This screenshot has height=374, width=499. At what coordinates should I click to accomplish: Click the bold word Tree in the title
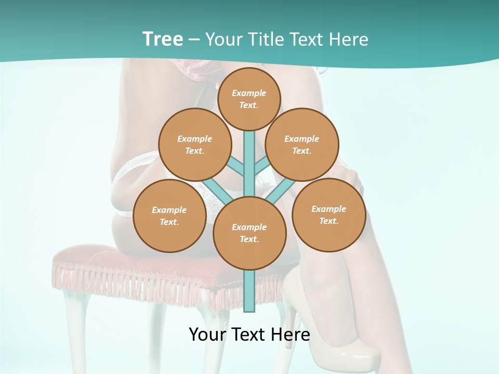(x=162, y=39)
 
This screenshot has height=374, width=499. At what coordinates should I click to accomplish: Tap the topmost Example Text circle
(x=249, y=99)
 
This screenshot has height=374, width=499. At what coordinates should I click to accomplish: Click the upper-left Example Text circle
(x=195, y=144)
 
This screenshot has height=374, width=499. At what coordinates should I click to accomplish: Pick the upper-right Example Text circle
(x=302, y=144)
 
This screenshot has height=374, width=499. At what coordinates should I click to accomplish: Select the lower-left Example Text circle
(x=169, y=216)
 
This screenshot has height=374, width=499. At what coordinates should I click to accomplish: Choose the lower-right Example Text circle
(x=329, y=214)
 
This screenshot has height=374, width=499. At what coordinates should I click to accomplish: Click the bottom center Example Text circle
(x=249, y=233)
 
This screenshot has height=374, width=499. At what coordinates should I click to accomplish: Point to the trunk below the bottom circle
(x=249, y=291)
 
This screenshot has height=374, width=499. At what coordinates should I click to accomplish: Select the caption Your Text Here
(x=249, y=335)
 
